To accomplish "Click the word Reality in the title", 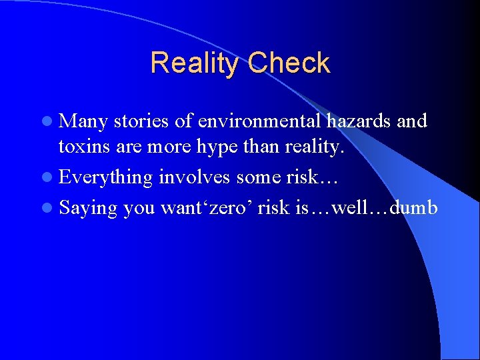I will [x=196, y=63].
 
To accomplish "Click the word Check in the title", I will [x=289, y=63].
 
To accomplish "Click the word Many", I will [x=84, y=122].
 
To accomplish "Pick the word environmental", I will [x=250, y=121].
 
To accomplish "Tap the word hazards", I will [x=359, y=121].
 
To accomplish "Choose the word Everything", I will [x=105, y=178].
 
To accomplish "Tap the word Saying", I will [x=88, y=209].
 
